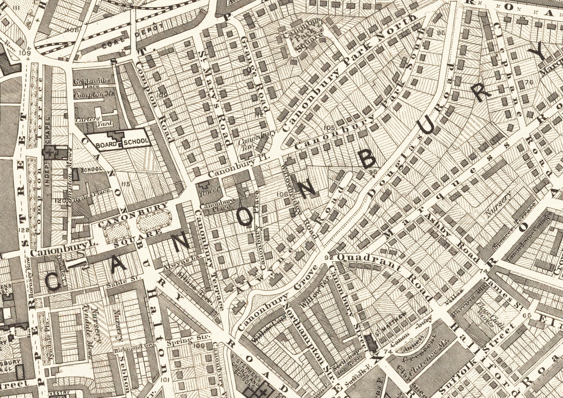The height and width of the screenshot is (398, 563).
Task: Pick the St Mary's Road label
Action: [x=215, y=98]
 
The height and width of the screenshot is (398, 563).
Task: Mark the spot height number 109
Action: [x=24, y=53]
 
